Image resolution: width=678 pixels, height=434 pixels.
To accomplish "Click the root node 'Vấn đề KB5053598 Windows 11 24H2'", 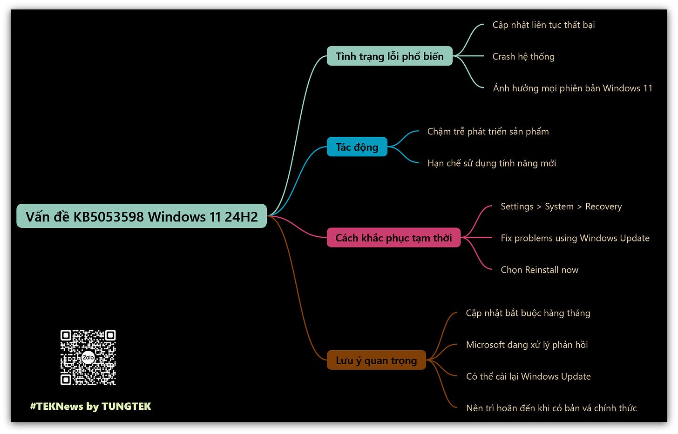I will click(142, 216).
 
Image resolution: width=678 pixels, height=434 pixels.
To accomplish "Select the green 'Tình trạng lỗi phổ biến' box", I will click(389, 56).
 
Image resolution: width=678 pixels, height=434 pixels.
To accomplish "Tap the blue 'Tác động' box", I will click(357, 147).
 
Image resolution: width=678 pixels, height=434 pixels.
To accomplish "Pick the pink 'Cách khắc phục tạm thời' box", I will click(393, 238).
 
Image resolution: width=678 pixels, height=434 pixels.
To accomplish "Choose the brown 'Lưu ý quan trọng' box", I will click(376, 361).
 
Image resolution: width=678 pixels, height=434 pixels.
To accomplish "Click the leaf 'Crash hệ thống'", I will click(523, 57).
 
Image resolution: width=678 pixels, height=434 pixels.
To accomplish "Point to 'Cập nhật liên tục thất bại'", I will click(543, 25).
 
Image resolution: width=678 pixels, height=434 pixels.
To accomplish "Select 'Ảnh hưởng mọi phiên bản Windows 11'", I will click(572, 88).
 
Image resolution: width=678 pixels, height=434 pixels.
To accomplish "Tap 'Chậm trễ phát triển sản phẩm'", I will click(488, 132).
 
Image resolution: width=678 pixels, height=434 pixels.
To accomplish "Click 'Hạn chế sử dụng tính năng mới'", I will click(492, 163).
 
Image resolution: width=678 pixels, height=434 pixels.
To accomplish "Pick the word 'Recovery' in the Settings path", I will click(603, 207).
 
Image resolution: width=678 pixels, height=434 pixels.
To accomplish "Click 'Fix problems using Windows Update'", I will click(575, 238).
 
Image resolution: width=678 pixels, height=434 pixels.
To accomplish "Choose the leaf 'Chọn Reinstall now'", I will click(539, 270).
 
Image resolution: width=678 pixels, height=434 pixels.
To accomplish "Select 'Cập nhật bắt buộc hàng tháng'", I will click(528, 313).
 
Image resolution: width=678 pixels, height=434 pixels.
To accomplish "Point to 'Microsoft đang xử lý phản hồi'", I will click(527, 345).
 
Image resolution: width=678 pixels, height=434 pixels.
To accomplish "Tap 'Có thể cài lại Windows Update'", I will click(528, 376).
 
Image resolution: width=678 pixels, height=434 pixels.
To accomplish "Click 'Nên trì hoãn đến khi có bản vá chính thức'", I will click(551, 408).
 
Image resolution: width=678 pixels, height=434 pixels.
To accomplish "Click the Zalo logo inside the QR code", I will click(88, 357).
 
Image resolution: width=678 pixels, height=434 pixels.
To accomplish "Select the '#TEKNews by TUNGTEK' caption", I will click(91, 406).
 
